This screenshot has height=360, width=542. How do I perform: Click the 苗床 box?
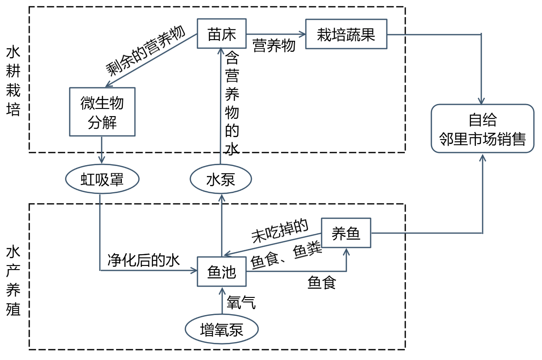pyautogui.click(x=222, y=34)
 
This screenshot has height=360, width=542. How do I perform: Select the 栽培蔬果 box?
pyautogui.click(x=346, y=34)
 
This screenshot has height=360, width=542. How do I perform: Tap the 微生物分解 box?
pyautogui.click(x=102, y=112)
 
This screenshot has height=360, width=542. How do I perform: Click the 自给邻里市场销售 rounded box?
pyautogui.click(x=483, y=129)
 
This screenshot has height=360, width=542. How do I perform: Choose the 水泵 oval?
pyautogui.click(x=221, y=180)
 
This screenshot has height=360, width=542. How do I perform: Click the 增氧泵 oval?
pyautogui.click(x=222, y=330)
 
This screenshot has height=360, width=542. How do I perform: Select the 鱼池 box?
pyautogui.click(x=222, y=271)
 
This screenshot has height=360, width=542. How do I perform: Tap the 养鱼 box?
pyautogui.click(x=346, y=233)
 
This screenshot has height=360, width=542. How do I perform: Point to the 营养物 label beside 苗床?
pyautogui.click(x=274, y=45)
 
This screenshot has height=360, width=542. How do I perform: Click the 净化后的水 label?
pyautogui.click(x=143, y=260)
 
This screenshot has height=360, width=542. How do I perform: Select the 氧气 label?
pyautogui.click(x=242, y=302)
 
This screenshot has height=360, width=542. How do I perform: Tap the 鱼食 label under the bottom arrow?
pyautogui.click(x=322, y=283)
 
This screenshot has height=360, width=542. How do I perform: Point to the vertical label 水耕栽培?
pyautogui.click(x=13, y=81)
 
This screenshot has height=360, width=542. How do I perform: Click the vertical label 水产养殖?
pyautogui.click(x=13, y=281)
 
